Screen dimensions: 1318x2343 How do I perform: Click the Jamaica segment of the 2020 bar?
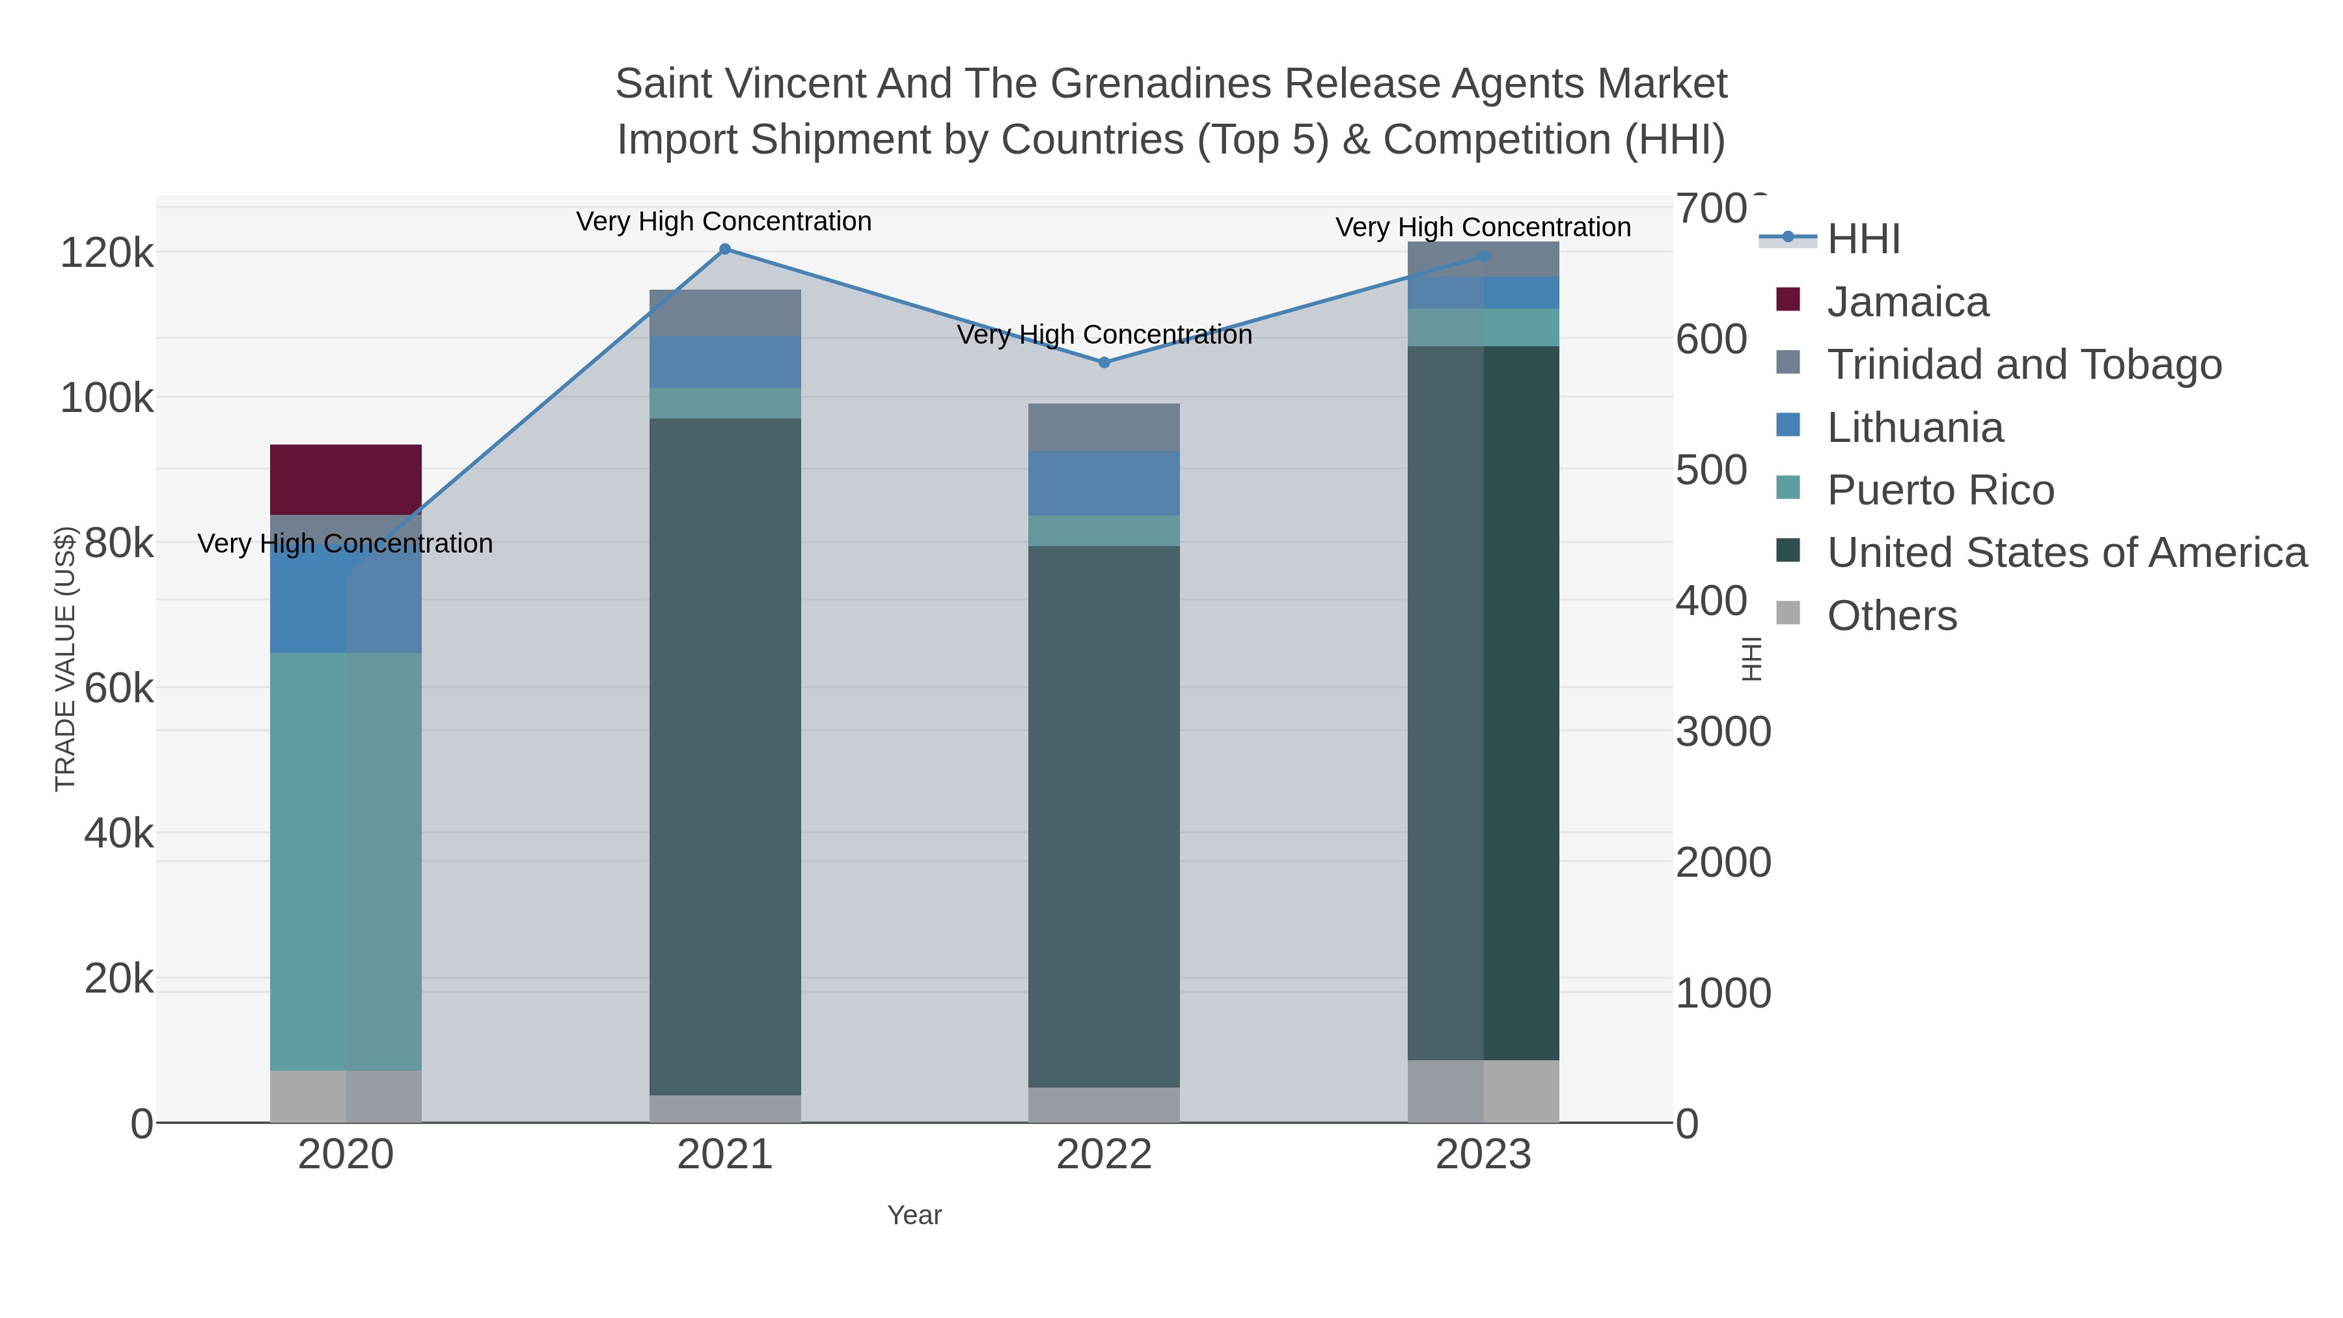pos(346,479)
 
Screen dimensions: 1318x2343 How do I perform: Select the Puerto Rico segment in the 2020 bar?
pos(346,860)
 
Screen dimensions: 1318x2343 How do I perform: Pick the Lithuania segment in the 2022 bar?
pos(1103,483)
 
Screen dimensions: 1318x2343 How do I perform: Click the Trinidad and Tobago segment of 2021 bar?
pos(725,313)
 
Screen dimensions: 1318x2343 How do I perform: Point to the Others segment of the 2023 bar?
pos(1483,1091)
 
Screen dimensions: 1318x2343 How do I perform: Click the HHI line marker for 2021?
pos(725,249)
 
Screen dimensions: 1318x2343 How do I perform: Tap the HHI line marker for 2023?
pos(1483,256)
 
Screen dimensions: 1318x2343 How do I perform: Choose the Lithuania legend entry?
pos(1915,428)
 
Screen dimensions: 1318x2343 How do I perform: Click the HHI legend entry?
pos(1863,240)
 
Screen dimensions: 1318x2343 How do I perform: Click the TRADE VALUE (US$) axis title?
pos(66,659)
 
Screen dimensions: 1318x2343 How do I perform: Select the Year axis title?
pos(914,1215)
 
